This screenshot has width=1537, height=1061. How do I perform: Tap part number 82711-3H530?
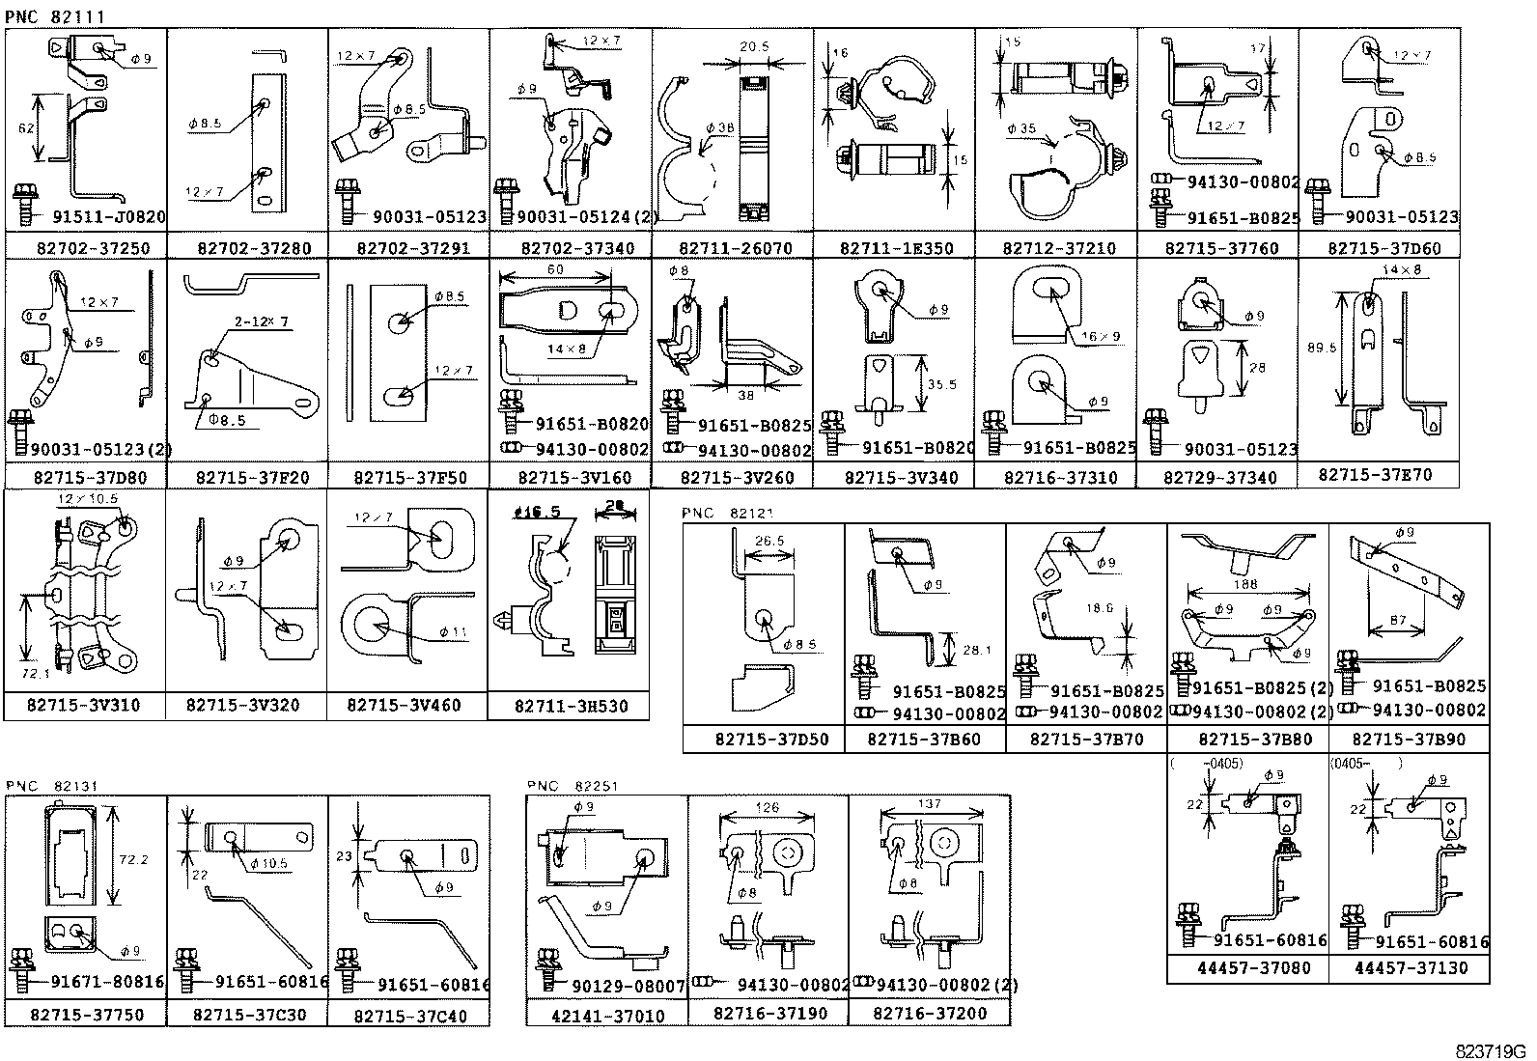click(x=571, y=707)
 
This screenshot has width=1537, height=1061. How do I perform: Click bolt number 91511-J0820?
click(x=108, y=218)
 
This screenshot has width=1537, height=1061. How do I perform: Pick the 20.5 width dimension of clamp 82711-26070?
click(x=754, y=46)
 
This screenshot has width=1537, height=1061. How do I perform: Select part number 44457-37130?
click(x=1411, y=968)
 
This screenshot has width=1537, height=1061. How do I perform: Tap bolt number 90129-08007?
click(x=628, y=987)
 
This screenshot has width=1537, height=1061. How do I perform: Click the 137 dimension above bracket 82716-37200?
click(x=930, y=804)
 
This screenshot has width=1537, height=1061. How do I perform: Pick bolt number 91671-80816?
click(x=107, y=983)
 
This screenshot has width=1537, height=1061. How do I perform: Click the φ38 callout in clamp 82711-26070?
click(x=720, y=128)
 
